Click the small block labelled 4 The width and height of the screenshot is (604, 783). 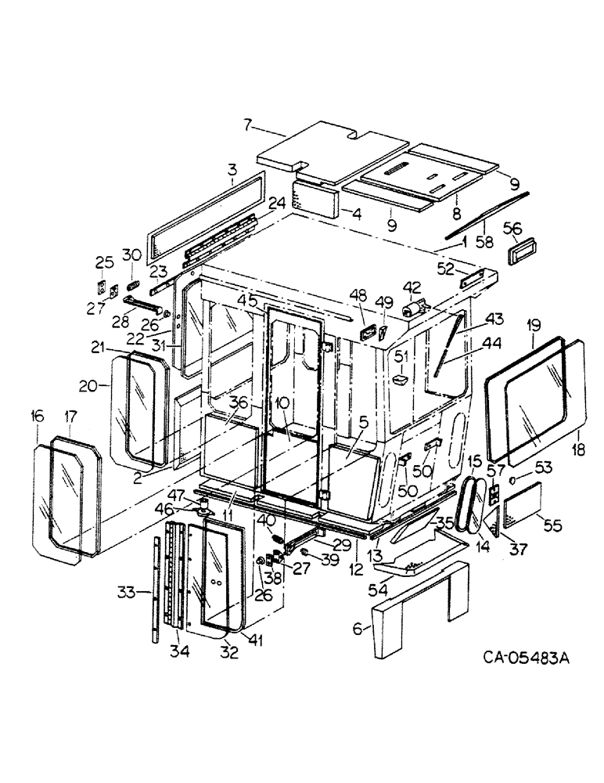[316, 202]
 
